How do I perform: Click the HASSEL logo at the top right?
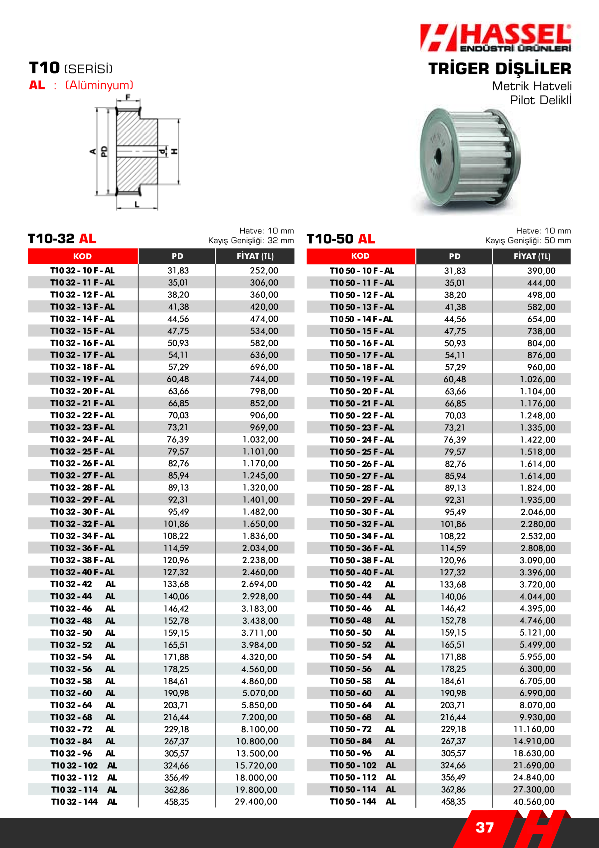tap(495, 38)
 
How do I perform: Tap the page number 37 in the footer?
tap(484, 828)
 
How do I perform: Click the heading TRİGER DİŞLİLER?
tap(499, 69)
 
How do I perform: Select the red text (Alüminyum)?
tap(99, 85)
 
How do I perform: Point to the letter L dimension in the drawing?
tap(137, 204)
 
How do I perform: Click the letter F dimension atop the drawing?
tap(128, 98)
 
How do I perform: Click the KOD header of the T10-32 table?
tap(82, 256)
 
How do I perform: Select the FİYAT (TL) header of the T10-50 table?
tap(531, 256)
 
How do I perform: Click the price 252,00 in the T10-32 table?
tap(264, 271)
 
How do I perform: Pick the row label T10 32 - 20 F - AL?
tap(82, 391)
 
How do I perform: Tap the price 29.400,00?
tap(256, 802)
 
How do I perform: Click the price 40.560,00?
tap(534, 802)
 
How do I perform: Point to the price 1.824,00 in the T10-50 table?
tap(537, 488)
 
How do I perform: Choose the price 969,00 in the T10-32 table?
tap(264, 427)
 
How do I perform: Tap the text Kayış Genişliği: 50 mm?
tap(528, 241)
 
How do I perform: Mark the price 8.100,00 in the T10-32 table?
tap(259, 729)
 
